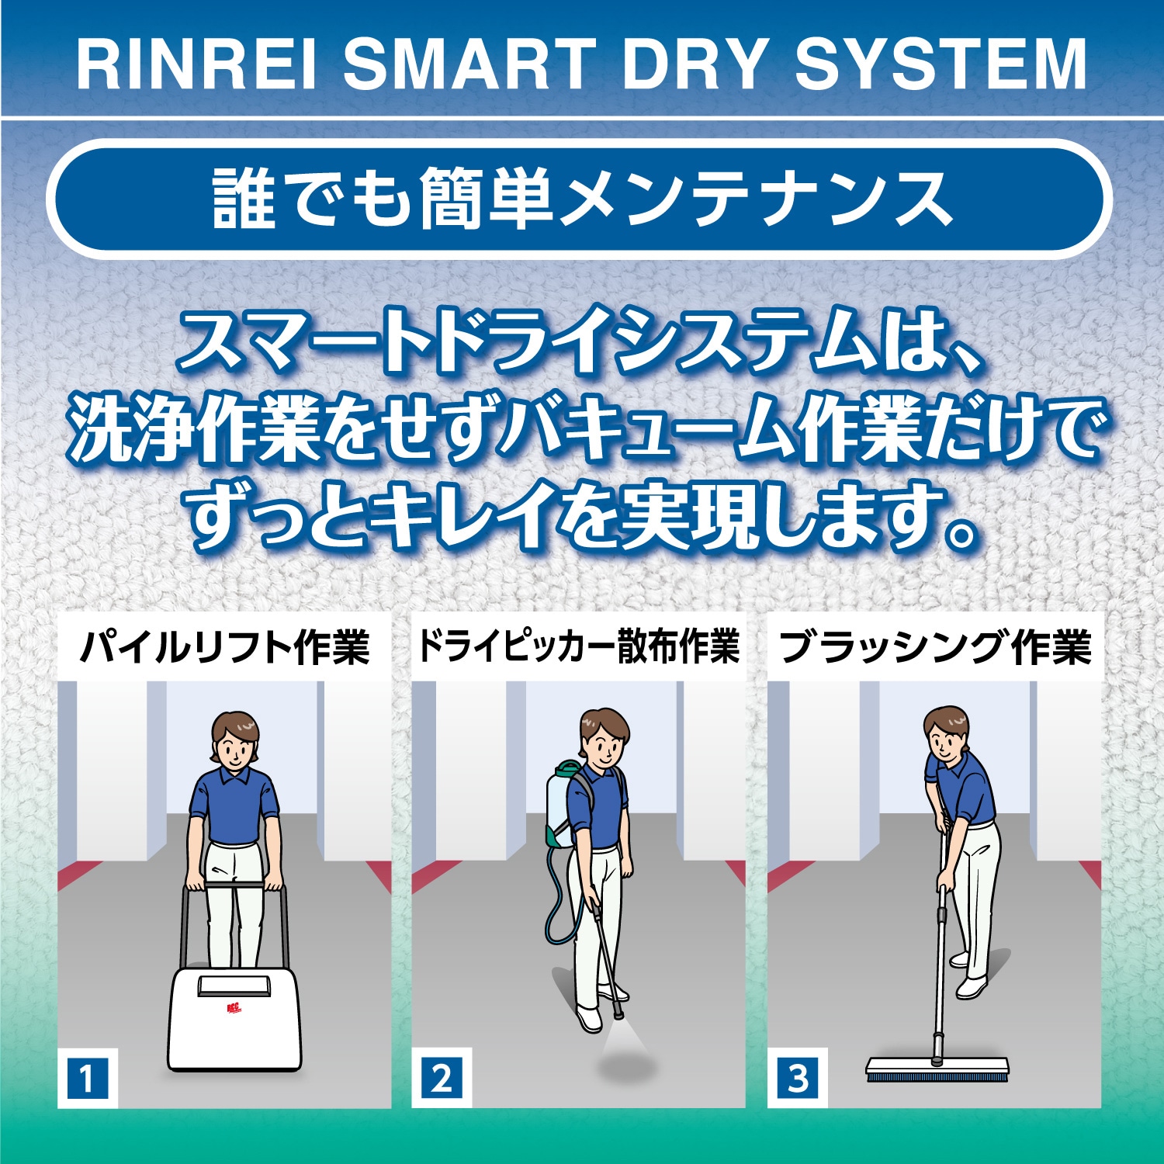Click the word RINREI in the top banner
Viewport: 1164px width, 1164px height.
point(197,64)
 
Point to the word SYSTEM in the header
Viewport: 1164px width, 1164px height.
point(941,64)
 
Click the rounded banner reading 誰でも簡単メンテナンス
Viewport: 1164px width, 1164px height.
point(580,199)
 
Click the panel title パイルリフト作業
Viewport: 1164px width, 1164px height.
point(224,648)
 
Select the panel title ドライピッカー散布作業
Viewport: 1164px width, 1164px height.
point(579,646)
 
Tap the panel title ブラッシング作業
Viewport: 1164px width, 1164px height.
point(935,648)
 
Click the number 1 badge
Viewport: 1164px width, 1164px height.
point(87,1079)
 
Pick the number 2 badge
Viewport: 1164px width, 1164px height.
point(442,1079)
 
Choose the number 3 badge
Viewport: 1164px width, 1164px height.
point(798,1079)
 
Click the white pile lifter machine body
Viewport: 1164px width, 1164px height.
point(234,1019)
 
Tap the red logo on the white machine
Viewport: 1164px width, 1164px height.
point(234,1009)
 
